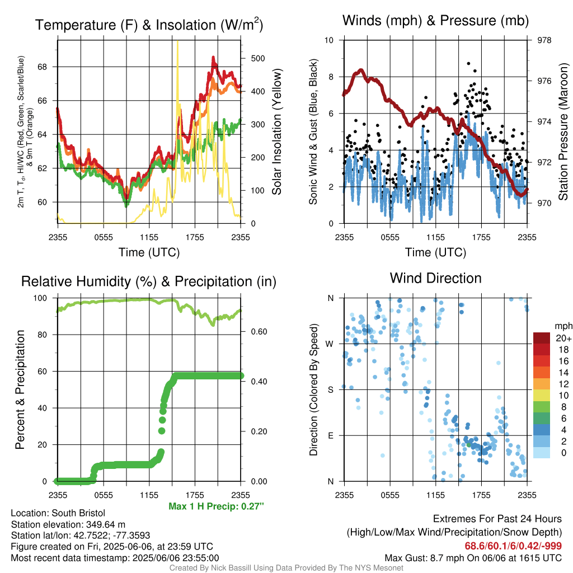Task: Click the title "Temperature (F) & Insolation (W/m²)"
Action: tap(149, 25)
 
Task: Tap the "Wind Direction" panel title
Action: tap(435, 278)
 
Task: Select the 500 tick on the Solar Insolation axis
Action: tap(257, 58)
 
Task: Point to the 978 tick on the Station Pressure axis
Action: tap(544, 40)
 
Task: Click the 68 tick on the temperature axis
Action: tap(43, 67)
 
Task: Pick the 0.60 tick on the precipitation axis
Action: tap(259, 331)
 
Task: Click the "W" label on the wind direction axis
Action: tap(330, 344)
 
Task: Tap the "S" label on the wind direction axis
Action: tap(330, 389)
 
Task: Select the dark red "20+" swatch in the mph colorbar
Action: tap(542, 338)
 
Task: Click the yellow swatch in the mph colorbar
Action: tap(542, 396)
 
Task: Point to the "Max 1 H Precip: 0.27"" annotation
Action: tap(217, 506)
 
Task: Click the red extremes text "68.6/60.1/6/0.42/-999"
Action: tap(513, 546)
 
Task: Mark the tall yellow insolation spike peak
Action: tap(177, 41)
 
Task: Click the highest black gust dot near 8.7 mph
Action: tap(468, 64)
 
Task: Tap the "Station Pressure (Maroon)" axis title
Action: tap(563, 131)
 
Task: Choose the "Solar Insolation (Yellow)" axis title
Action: tap(276, 131)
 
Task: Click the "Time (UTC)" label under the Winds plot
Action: tap(435, 252)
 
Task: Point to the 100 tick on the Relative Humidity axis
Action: tap(40, 298)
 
